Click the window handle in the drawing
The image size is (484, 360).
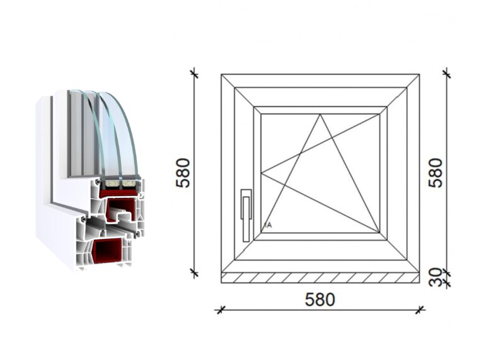(x=246, y=215)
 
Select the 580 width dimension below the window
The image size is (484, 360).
(x=320, y=299)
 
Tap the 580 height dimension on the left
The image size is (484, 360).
(x=183, y=173)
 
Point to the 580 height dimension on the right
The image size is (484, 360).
(x=435, y=173)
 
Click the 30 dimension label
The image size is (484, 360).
(x=435, y=277)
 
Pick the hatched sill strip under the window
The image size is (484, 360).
(x=320, y=278)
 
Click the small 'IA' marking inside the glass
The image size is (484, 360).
(x=268, y=225)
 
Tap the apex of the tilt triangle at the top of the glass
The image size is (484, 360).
(x=320, y=114)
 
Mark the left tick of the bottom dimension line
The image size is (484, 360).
(x=220, y=310)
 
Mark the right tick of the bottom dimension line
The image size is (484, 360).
(x=420, y=310)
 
